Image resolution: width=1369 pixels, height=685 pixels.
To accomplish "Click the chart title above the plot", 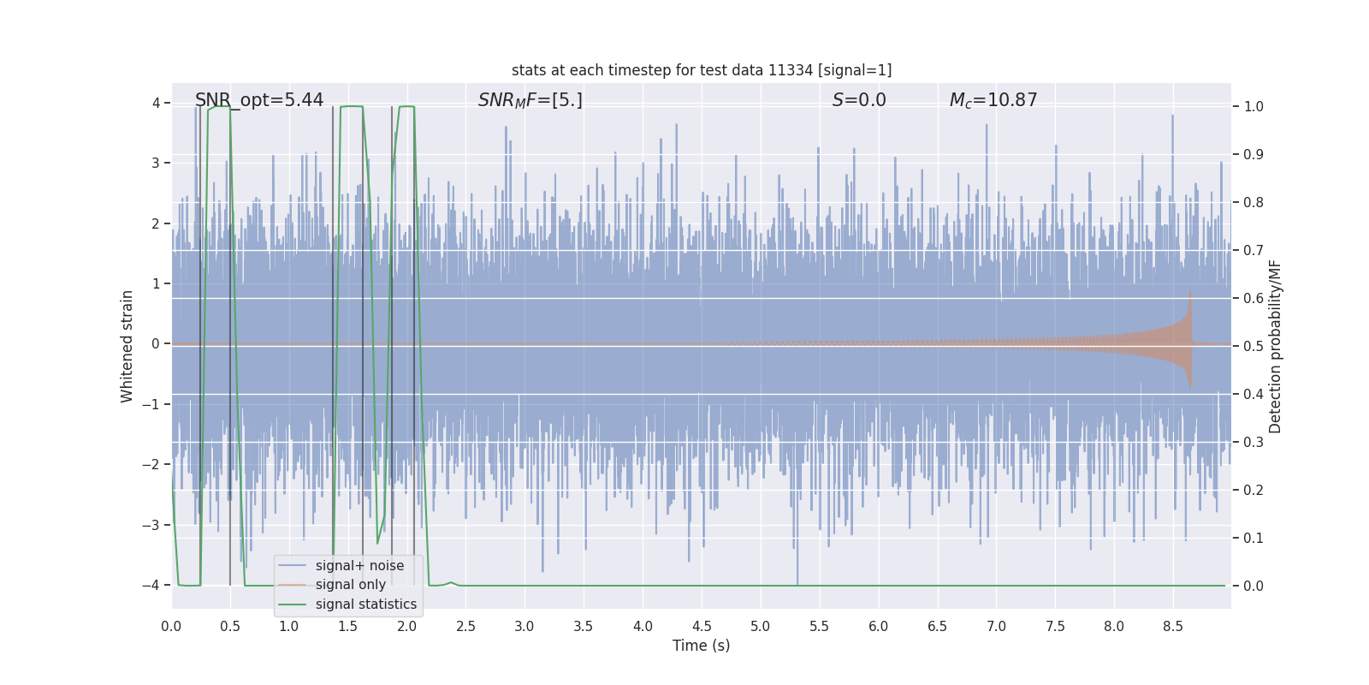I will (702, 70).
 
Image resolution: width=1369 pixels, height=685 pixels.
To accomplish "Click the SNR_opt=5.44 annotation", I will (259, 100).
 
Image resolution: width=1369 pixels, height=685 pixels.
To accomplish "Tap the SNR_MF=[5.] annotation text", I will (530, 100).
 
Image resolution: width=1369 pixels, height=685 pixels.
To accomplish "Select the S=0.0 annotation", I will (859, 100).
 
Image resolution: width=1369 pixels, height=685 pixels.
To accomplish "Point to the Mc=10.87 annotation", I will (993, 100).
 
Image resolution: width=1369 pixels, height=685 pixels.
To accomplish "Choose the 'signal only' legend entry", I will (350, 585).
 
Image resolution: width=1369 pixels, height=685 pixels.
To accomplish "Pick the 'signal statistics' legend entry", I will (365, 605).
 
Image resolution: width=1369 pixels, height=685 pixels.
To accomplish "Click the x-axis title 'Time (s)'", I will (701, 646).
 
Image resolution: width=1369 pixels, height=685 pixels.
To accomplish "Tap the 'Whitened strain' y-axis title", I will (127, 346).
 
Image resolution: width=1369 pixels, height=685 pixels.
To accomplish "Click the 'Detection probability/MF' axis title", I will (1275, 346).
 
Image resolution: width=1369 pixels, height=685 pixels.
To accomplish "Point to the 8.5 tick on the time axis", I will (1172, 627).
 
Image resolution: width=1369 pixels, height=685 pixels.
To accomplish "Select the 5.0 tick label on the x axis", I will (760, 627).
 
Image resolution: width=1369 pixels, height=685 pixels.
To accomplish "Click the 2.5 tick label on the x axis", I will (465, 627).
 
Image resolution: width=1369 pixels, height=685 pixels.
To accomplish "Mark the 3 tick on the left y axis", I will (156, 163).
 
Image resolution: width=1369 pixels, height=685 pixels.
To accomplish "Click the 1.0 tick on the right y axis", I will (1253, 107).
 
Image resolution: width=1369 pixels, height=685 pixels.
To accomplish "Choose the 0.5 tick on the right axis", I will (1253, 347).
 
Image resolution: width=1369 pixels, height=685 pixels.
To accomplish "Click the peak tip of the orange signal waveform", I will (1189, 293).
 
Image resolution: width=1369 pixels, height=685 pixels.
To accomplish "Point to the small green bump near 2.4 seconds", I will (451, 582).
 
